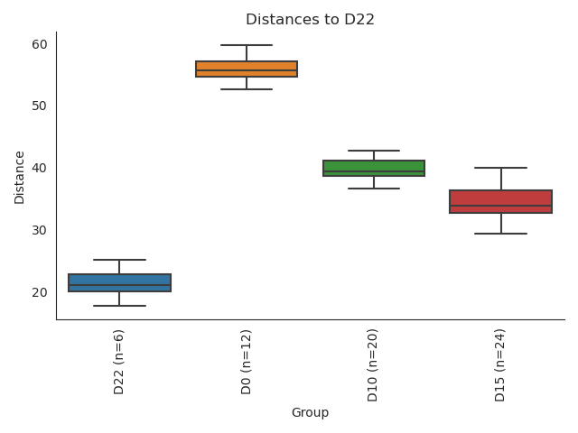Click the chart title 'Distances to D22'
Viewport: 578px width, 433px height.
310,20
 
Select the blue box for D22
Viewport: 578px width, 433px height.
119,282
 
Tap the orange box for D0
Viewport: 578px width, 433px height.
247,69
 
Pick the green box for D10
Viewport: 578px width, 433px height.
374,168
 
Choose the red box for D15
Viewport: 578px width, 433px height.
501,201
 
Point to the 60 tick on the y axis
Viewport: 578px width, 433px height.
40,44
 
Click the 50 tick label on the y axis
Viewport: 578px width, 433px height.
40,106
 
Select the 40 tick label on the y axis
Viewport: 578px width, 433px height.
40,169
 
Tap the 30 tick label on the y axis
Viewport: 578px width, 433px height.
40,231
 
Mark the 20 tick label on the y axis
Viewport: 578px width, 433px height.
40,293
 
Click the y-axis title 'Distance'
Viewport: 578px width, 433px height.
20,177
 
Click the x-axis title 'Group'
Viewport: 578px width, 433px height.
310,413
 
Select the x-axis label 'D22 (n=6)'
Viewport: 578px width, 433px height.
119,361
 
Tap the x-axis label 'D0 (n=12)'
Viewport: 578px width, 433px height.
247,361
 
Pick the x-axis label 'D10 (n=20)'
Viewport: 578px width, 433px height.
374,364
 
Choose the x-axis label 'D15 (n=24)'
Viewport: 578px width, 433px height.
501,364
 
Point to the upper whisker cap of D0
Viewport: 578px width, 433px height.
247,45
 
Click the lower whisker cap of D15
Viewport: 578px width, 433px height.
501,234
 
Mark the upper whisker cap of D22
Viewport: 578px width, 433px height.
119,260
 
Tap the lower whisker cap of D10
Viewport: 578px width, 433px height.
374,189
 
